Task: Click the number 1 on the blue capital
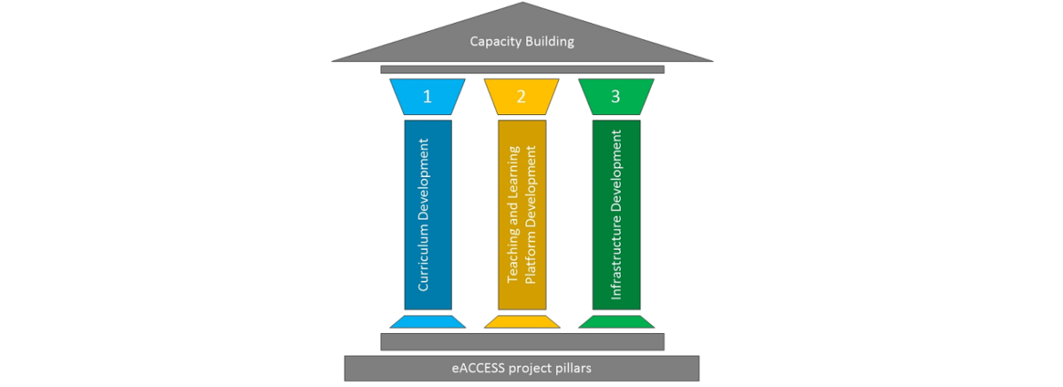tap(427, 97)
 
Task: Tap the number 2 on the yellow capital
tap(521, 97)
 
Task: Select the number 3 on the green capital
tap(616, 97)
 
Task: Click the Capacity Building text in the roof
tap(522, 41)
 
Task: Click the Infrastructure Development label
tap(617, 214)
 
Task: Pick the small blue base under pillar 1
tap(427, 321)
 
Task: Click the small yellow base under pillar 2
tap(522, 321)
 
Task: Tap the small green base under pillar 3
tap(617, 321)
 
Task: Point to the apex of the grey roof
tap(523, 5)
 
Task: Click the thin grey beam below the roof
tap(522, 69)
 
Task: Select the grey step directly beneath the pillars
tap(522, 342)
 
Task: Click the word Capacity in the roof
tap(495, 41)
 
